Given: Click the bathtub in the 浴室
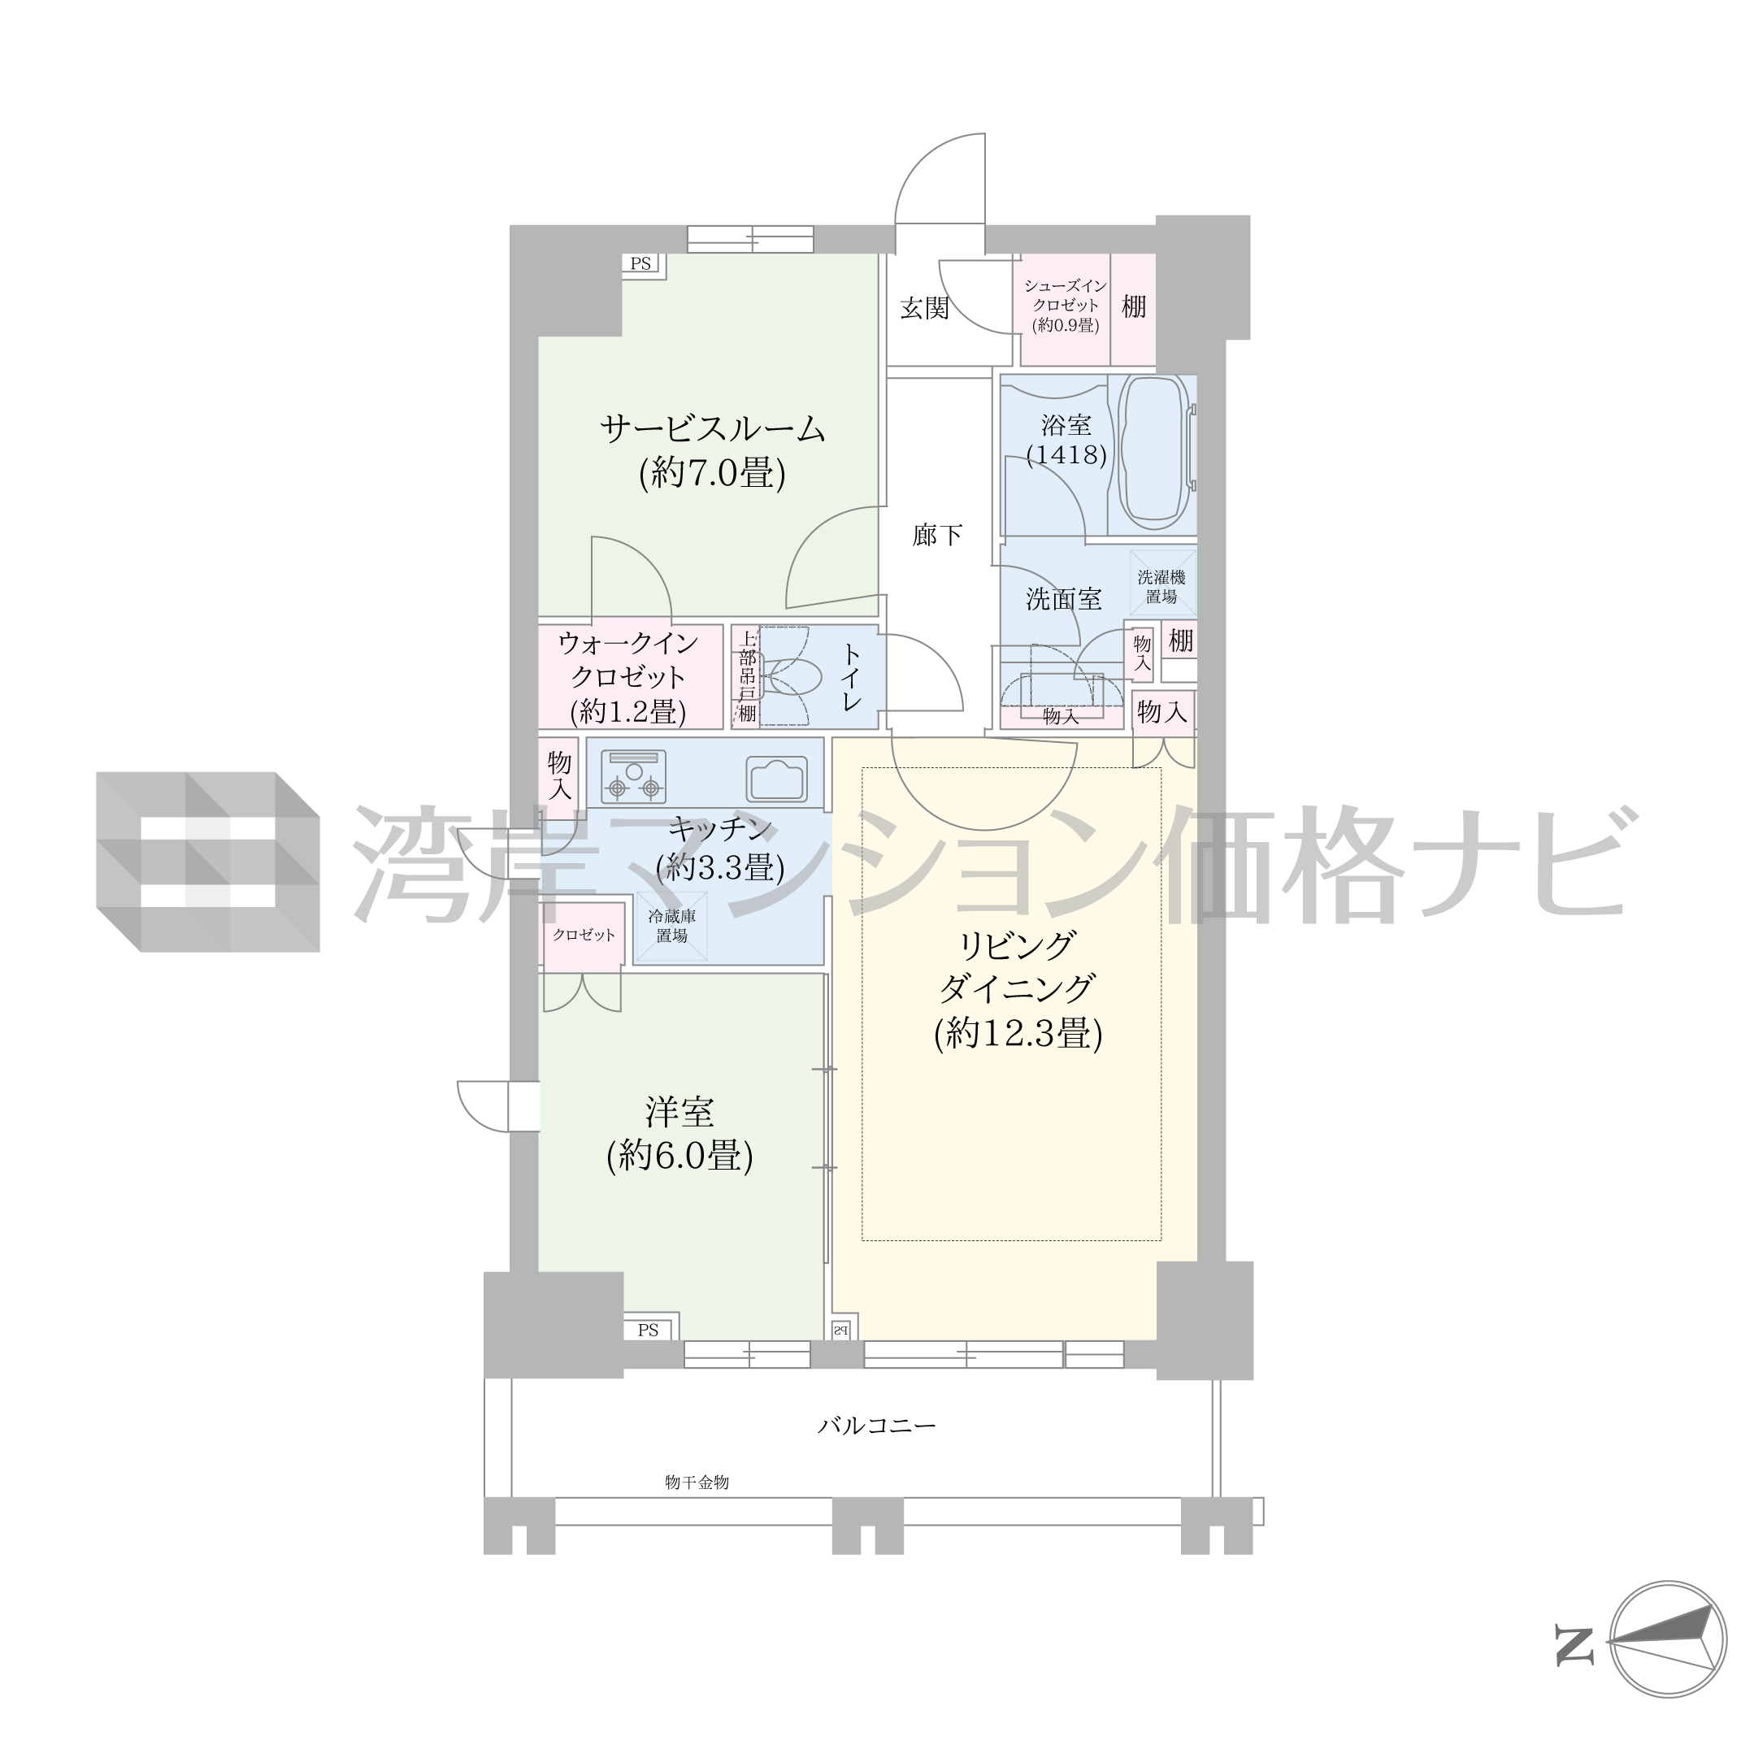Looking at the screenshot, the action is pos(1156,454).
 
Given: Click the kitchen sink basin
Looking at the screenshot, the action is pos(776,778).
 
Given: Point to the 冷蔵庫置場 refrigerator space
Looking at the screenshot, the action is pos(671,927).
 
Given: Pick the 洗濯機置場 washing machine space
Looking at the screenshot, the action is pos(1161,587).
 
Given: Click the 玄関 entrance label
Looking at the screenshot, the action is pos(925,308).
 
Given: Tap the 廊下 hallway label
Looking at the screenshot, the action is pos(937,536).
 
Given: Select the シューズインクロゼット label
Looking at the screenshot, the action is pos(1065,296).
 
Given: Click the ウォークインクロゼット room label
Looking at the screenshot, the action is pos(628,660).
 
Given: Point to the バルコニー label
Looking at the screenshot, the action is pos(877,1426).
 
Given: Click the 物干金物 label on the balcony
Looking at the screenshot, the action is pos(697,1483).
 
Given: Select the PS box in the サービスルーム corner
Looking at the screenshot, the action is pos(641,264).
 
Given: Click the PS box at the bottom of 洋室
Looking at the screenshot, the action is pos(649,1330).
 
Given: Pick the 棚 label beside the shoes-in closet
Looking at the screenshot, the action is pos(1134,307).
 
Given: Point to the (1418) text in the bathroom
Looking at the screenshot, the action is pos(1066,454).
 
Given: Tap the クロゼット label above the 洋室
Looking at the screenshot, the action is pos(584,935).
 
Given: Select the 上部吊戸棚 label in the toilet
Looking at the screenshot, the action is pos(747,677).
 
